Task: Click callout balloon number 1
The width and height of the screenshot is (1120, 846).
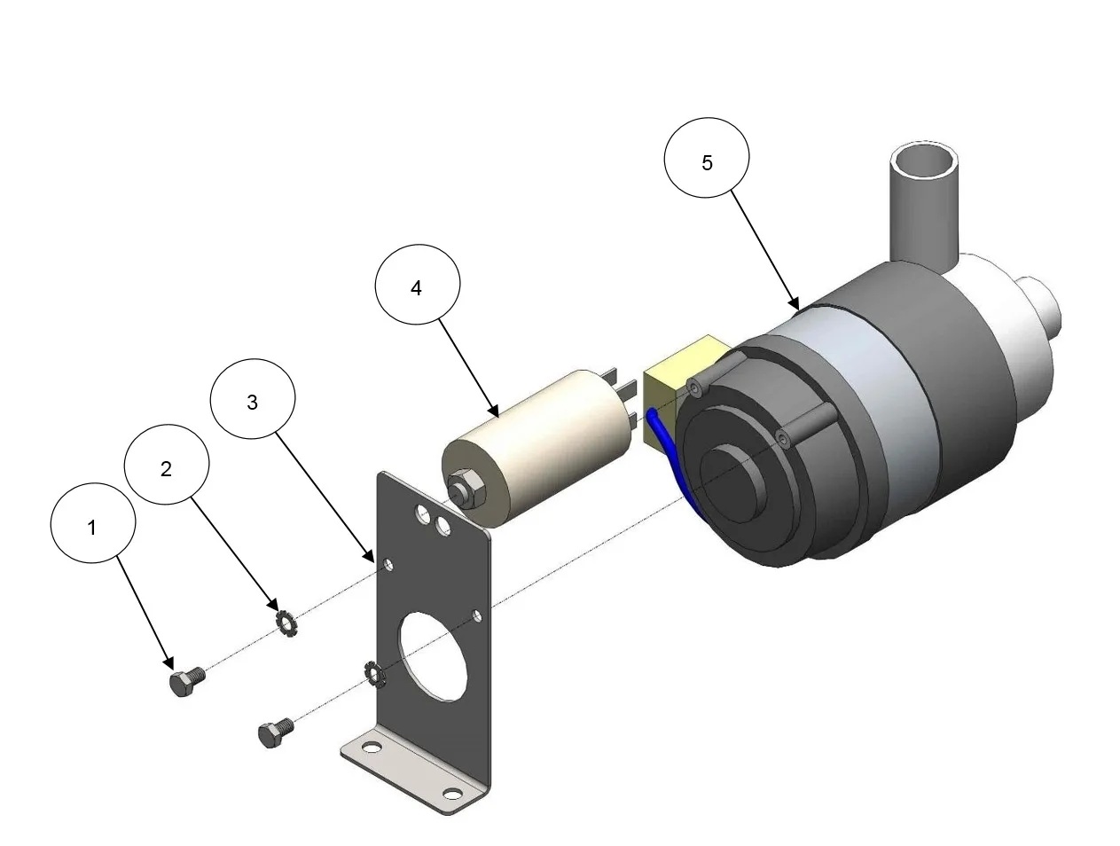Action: coord(93,522)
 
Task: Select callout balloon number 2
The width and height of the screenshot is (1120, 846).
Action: coord(167,465)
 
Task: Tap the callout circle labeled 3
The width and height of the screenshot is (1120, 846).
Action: coord(253,399)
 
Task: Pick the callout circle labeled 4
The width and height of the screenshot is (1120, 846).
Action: coord(418,284)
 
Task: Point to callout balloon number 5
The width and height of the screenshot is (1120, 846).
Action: coord(707,158)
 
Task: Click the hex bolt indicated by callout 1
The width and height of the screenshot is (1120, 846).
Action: coord(186,680)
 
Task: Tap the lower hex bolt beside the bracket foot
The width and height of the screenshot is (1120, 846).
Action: coord(276,732)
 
